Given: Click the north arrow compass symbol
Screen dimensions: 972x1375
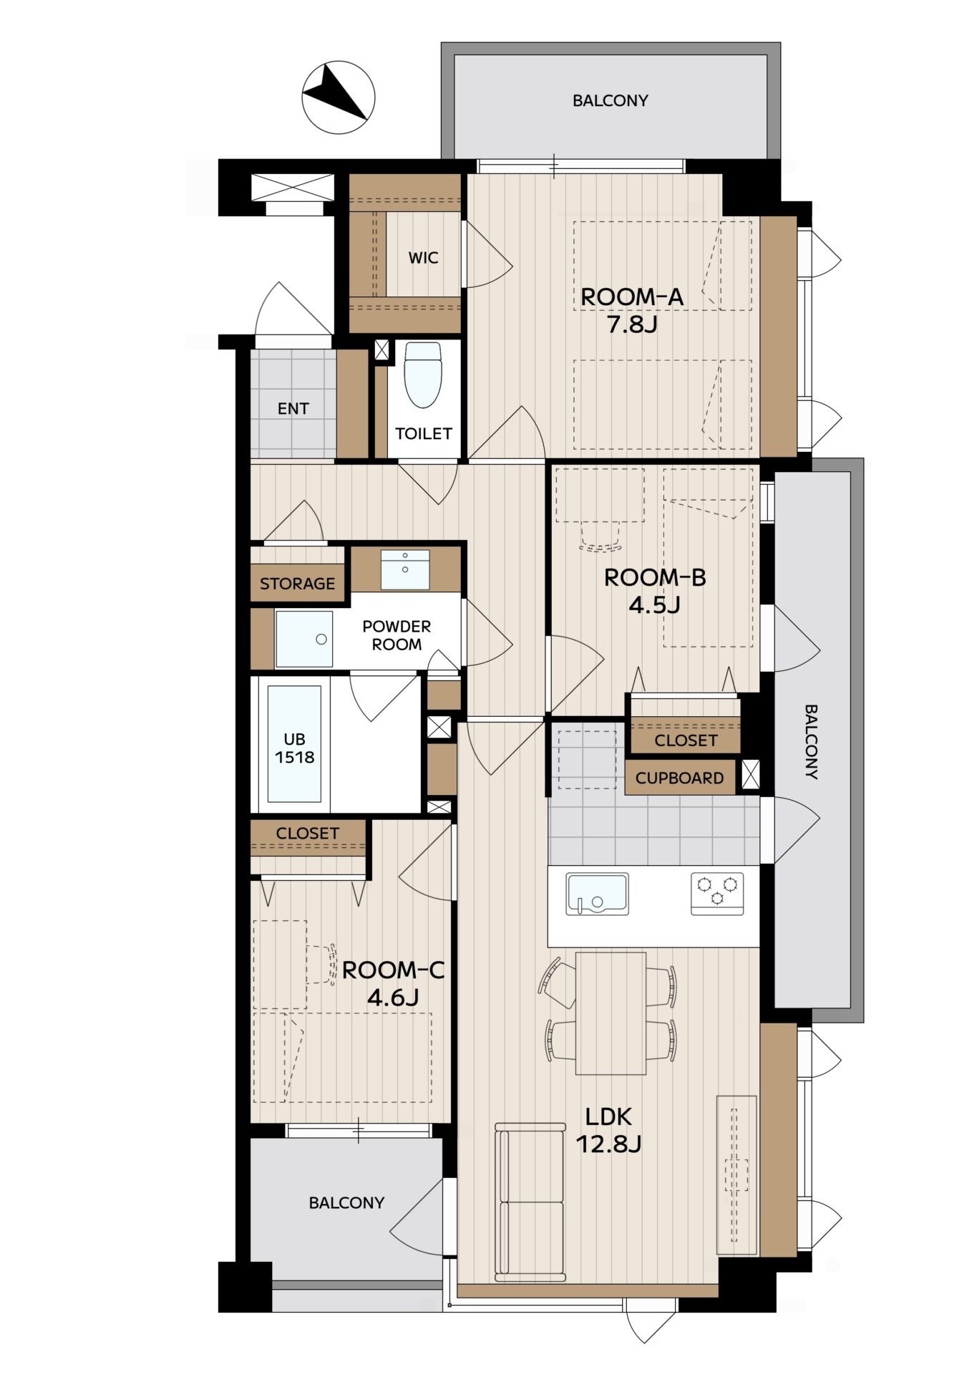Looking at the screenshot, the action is (x=338, y=97).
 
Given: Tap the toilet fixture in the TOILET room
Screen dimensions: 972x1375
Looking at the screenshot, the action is (x=423, y=375).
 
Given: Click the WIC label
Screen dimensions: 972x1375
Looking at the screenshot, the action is (x=423, y=258).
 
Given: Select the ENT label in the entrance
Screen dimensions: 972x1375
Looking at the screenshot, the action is (x=293, y=409).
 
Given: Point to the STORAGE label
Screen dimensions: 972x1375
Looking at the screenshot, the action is (x=297, y=584).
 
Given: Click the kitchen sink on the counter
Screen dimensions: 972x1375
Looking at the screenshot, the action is (x=597, y=893).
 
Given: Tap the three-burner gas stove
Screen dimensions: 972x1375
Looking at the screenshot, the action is (x=717, y=893).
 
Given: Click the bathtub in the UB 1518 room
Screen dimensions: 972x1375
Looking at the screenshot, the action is (x=294, y=743).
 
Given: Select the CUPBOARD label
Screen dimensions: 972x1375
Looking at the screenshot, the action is (x=679, y=778).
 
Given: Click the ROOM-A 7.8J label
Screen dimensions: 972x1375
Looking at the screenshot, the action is (x=631, y=310).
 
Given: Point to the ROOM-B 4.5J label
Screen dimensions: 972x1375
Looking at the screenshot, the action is (x=655, y=591).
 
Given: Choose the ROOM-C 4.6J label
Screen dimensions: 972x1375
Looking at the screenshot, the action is (x=393, y=983).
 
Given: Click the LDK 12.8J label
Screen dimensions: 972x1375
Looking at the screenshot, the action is (x=608, y=1129).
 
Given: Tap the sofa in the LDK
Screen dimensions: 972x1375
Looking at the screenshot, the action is (x=530, y=1202).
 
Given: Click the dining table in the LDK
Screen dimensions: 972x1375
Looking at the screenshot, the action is (x=611, y=1013).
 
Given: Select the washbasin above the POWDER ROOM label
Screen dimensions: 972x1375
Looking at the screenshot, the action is (x=405, y=570).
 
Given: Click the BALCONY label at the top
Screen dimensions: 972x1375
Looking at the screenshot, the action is (x=611, y=101).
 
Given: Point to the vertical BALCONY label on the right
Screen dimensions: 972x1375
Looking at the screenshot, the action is (x=811, y=742).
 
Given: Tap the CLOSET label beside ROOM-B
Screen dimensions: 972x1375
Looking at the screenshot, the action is (x=686, y=740).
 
